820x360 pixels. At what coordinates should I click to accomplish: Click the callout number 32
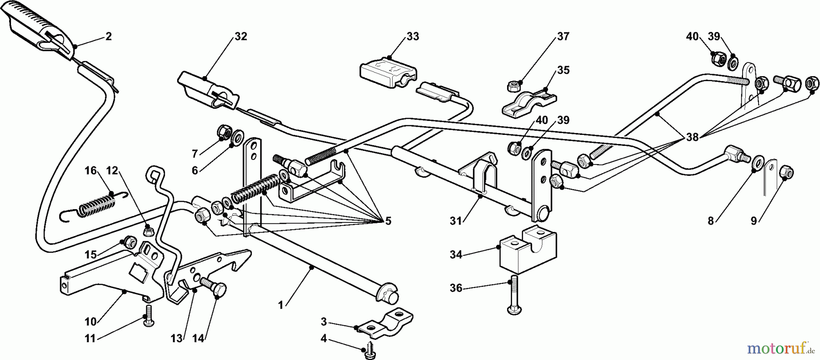click(241, 36)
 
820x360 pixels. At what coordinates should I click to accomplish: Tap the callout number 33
click(412, 36)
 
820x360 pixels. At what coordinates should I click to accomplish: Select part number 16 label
click(91, 170)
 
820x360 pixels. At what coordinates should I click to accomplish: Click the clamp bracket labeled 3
click(385, 322)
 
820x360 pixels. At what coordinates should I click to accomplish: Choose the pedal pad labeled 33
click(388, 69)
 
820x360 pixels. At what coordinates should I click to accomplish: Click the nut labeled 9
click(786, 172)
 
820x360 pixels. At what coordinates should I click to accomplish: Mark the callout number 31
click(456, 221)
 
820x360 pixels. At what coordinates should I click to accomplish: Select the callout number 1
click(281, 305)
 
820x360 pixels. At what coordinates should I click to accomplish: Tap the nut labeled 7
click(224, 131)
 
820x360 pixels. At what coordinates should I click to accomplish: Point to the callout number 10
click(90, 322)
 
